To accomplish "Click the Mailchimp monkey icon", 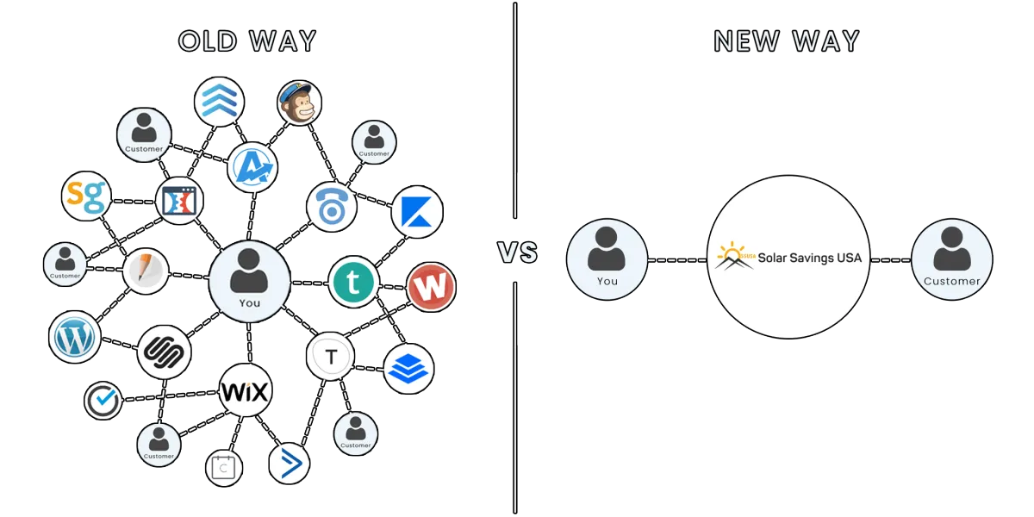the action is (x=300, y=103).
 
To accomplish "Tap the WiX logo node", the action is (x=245, y=390).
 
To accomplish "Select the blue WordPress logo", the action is (x=74, y=337).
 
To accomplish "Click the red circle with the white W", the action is (x=431, y=287).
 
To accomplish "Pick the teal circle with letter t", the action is (x=354, y=283).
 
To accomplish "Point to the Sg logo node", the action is (x=86, y=196).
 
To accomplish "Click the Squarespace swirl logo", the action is (x=165, y=352).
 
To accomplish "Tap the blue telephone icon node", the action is (x=332, y=207).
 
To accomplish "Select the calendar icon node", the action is (x=224, y=469).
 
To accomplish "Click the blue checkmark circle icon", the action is (x=103, y=400).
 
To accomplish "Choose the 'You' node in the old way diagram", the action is (x=249, y=281).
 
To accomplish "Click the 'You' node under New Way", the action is (x=607, y=259).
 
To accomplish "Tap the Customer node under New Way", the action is (x=952, y=259).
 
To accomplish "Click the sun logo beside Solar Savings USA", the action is (x=735, y=256).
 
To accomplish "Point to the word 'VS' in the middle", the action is (x=518, y=252).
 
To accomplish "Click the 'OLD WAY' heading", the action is (x=247, y=41).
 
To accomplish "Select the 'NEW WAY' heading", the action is (x=787, y=41).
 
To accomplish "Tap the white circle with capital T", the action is (x=331, y=356).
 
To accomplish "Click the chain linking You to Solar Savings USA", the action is (x=677, y=260).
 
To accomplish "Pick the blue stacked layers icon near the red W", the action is (x=408, y=369).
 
